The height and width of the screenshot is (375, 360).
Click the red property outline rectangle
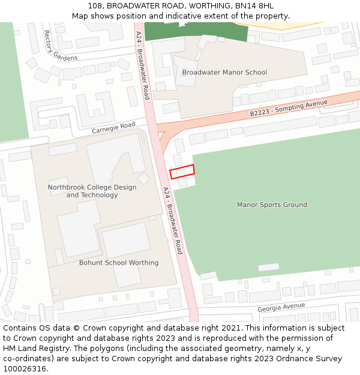182,172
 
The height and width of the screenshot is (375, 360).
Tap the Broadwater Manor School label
224,73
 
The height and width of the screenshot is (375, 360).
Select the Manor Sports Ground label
272,205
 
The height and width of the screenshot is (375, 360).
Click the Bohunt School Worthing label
119,263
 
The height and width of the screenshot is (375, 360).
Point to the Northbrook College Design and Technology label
92,191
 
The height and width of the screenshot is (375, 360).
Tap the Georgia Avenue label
281,307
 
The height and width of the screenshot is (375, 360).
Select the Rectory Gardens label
52,46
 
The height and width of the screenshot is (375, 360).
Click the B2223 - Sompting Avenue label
289,108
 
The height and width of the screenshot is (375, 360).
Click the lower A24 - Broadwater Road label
172,220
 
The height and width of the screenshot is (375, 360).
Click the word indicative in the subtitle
198,16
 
